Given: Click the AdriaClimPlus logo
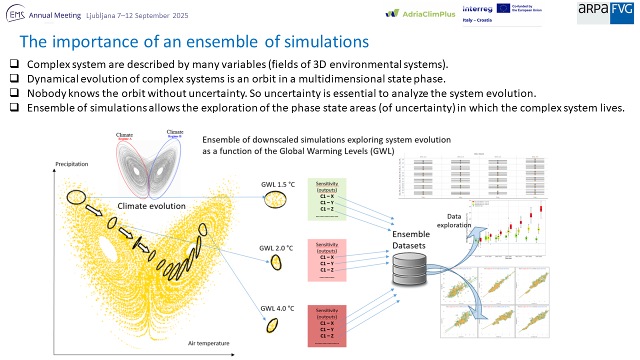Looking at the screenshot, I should click(420, 13).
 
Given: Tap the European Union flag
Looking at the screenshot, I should click(503, 8).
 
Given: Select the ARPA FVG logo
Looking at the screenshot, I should click(605, 12).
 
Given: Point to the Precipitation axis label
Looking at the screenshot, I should click(71, 164).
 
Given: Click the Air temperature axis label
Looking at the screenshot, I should click(208, 343).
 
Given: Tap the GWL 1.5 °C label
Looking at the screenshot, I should click(278, 184).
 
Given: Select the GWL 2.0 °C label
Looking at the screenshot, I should click(276, 248).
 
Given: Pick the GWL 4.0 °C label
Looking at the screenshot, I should click(277, 308).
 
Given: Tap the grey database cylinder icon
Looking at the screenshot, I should click(410, 267).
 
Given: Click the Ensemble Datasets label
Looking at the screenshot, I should click(410, 239).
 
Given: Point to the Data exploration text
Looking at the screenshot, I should click(454, 220).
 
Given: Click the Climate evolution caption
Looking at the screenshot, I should click(151, 205).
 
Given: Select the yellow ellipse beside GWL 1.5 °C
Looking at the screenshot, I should click(275, 200).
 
